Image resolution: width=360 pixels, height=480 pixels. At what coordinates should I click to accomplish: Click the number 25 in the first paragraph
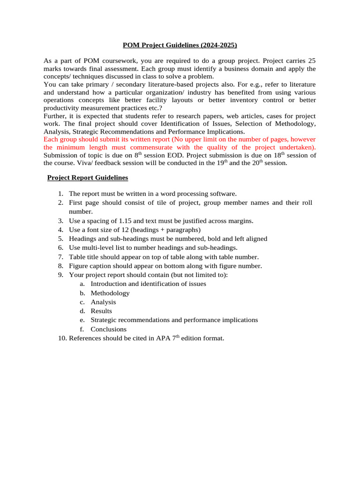(311, 61)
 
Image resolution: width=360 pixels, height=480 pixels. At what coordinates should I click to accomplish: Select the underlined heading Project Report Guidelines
(88, 178)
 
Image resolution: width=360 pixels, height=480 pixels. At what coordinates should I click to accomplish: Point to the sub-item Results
(101, 311)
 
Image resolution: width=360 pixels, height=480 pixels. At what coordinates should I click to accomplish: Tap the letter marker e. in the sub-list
(82, 320)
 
